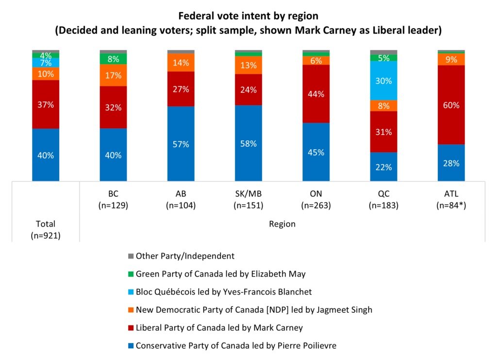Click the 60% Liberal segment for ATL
[x=451, y=105]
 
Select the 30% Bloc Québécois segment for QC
[x=383, y=81]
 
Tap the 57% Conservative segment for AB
[x=181, y=144]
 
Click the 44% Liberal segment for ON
[x=315, y=94]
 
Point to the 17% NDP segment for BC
[x=113, y=75]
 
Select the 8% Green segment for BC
[x=113, y=59]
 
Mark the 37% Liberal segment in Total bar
[x=46, y=104]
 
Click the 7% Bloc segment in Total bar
[x=46, y=63]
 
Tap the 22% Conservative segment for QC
[x=383, y=167]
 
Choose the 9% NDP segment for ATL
[x=451, y=59]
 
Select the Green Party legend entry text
[x=221, y=274]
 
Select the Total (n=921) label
[x=46, y=229]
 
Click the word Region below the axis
[x=282, y=224]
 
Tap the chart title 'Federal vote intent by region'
[x=248, y=16]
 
